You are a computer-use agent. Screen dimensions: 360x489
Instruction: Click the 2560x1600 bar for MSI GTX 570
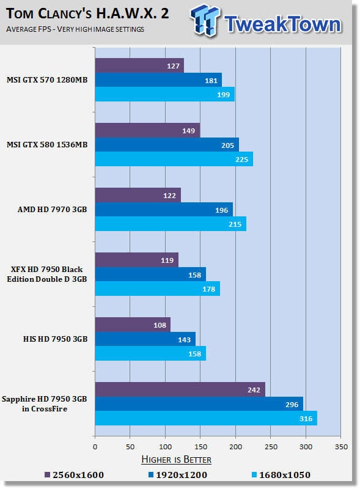(139, 65)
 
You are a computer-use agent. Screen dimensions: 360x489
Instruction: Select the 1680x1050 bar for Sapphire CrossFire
(206, 418)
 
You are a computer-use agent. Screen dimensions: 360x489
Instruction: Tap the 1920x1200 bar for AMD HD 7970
(164, 210)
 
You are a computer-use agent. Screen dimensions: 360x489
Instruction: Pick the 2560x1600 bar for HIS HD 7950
(133, 325)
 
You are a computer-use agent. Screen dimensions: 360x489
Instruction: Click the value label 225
(242, 160)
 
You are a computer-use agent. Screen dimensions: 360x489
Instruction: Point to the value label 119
(167, 260)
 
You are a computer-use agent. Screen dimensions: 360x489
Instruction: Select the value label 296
(292, 405)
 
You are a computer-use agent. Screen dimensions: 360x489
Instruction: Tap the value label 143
(185, 340)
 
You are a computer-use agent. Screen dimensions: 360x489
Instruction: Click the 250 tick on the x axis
(271, 447)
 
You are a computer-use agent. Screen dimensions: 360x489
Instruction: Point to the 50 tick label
(130, 447)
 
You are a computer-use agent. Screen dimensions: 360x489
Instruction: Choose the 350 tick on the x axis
(341, 447)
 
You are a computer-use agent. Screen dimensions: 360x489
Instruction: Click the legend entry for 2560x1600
(74, 475)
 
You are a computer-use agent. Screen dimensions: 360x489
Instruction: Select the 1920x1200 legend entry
(178, 475)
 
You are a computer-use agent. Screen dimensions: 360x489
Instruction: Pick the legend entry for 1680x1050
(281, 475)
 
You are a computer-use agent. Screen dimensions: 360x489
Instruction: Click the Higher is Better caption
(176, 460)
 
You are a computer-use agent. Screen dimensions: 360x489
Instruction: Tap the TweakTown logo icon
(204, 20)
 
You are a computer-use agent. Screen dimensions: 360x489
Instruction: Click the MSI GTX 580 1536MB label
(47, 145)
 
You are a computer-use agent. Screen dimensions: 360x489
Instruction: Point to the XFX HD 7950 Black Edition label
(47, 274)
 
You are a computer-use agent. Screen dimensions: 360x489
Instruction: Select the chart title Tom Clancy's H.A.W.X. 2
(87, 13)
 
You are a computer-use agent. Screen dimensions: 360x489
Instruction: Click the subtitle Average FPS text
(75, 29)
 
